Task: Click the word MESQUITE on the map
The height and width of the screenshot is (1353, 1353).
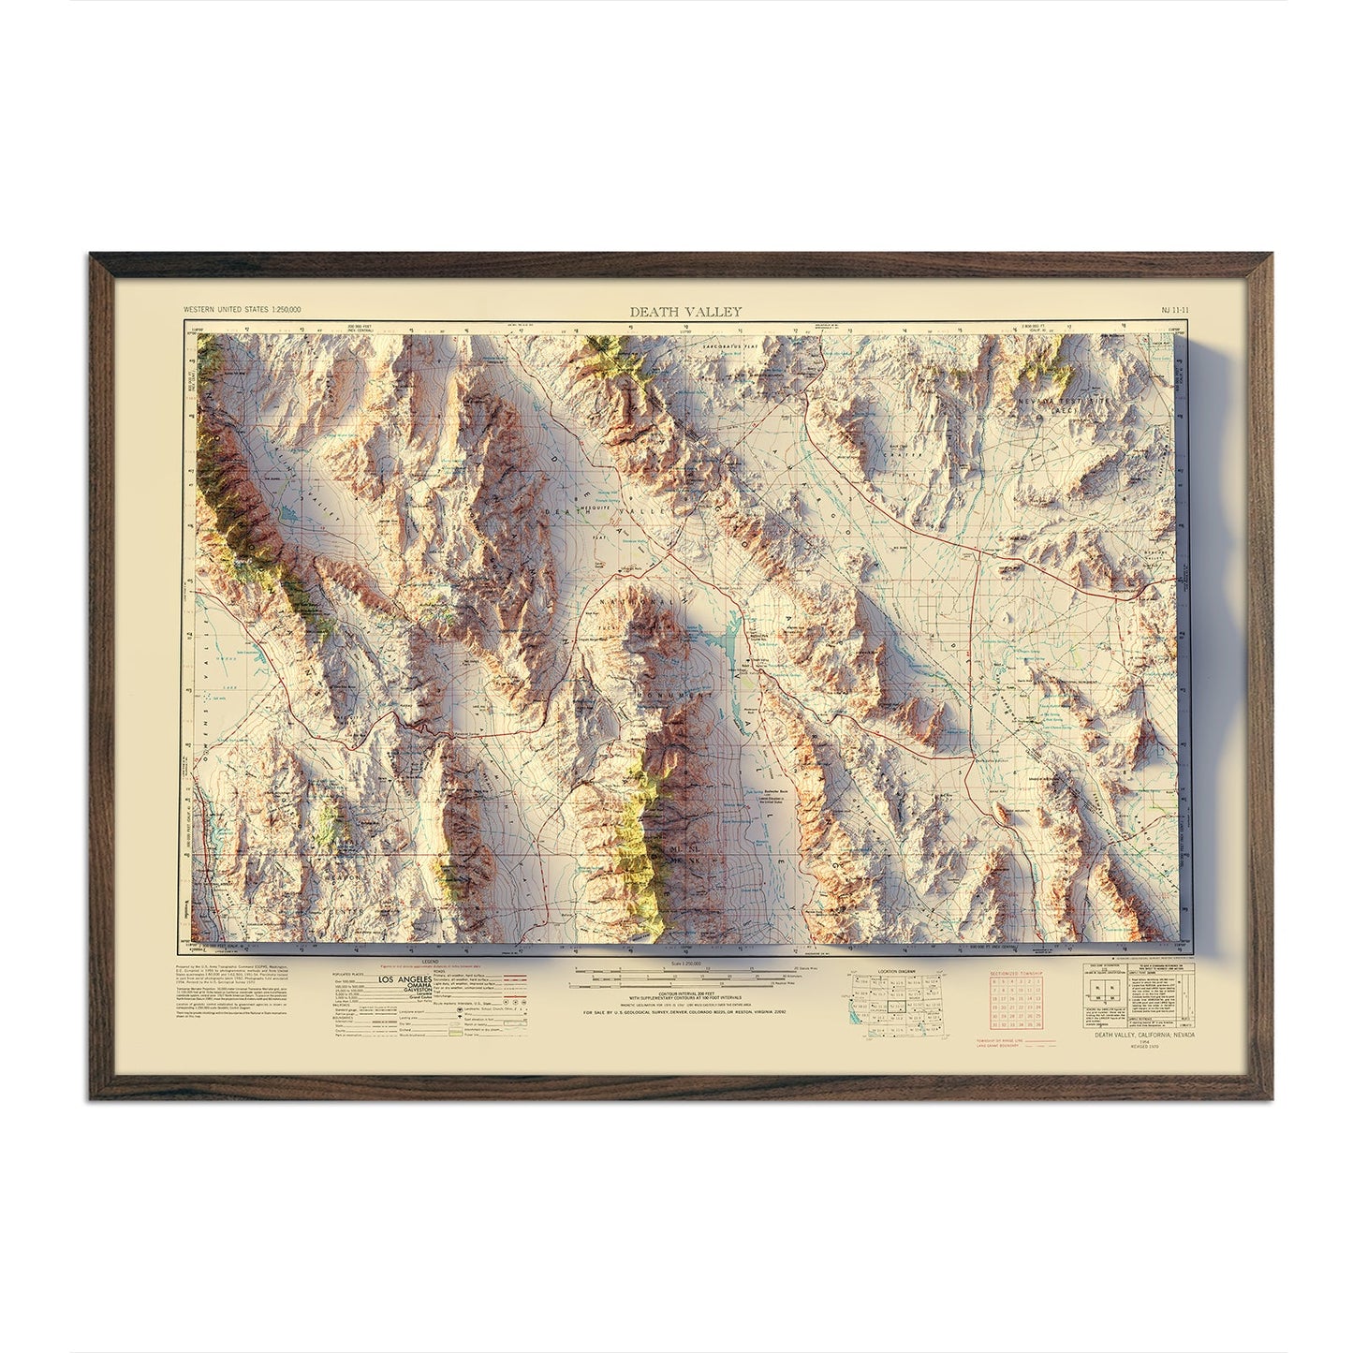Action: (x=579, y=487)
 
